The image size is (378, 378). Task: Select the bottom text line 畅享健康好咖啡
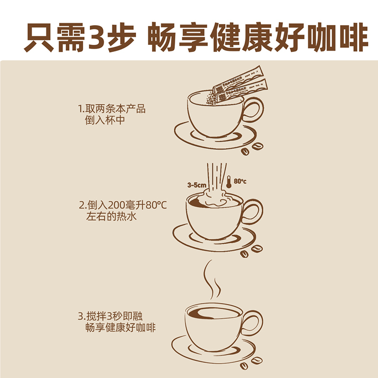point(120,327)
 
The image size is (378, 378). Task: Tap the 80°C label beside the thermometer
point(240,181)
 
